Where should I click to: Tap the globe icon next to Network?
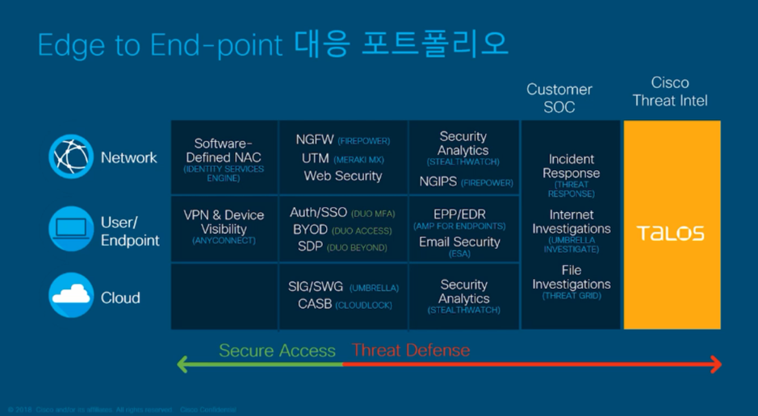[x=71, y=156]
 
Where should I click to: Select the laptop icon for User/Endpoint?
[x=71, y=229]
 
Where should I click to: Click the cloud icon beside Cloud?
[x=71, y=296]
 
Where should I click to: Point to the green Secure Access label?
[x=277, y=351]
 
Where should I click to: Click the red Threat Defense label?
[x=411, y=351]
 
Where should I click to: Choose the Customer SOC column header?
[x=559, y=98]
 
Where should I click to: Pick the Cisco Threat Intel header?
[x=670, y=92]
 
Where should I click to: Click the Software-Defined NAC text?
[x=224, y=151]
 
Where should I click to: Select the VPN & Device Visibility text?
[x=224, y=222]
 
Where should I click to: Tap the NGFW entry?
[x=315, y=140]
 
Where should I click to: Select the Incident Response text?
[x=571, y=166]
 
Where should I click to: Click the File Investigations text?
[x=571, y=277]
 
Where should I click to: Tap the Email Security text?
[x=459, y=242]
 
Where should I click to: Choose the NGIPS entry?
[x=438, y=182]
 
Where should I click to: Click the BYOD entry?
[x=310, y=230]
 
